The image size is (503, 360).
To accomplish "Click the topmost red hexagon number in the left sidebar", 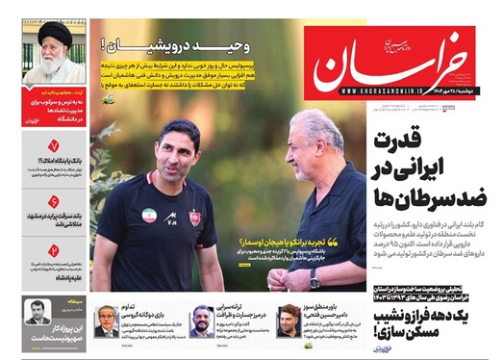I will coord(54,149).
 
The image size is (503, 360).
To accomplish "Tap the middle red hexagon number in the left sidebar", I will coord(54,202).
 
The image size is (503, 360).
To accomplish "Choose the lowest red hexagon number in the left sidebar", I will coord(54,253).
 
